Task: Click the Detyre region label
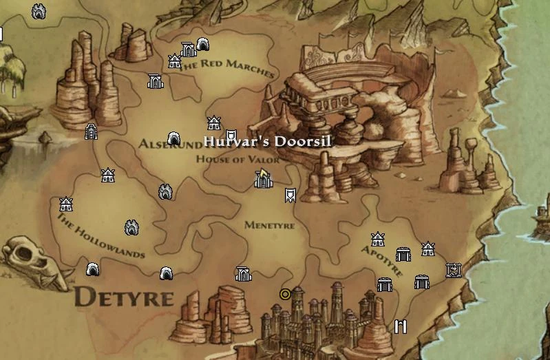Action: click(124, 297)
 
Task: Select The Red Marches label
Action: click(227, 67)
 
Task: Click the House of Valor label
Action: click(238, 160)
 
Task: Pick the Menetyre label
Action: click(269, 225)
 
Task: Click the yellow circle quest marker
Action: click(285, 295)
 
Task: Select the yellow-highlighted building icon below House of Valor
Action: click(262, 180)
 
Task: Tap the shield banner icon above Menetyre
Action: click(290, 195)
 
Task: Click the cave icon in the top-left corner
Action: click(39, 11)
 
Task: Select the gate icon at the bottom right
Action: click(400, 326)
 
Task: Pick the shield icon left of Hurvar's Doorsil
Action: click(232, 136)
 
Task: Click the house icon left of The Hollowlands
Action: click(66, 204)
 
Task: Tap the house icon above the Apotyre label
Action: click(377, 240)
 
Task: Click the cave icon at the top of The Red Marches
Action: click(203, 45)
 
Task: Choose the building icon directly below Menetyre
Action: click(243, 275)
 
